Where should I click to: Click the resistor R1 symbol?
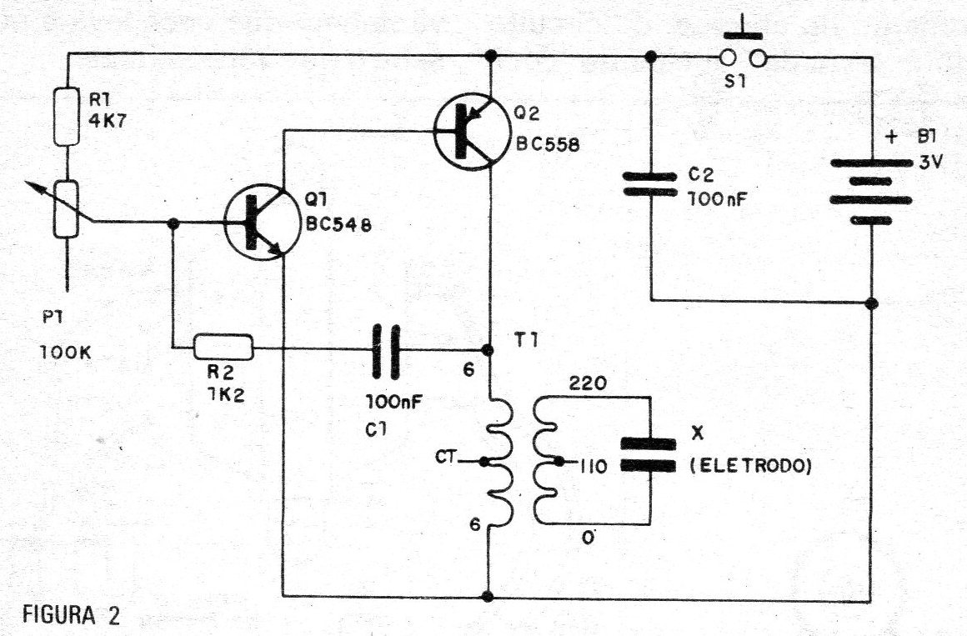[67, 118]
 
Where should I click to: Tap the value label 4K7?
[108, 120]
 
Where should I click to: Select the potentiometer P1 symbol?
[66, 209]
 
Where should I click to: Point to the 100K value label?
[65, 353]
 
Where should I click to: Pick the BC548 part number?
[338, 224]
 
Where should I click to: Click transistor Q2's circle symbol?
[473, 132]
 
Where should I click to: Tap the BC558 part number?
[548, 144]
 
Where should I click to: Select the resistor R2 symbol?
[223, 347]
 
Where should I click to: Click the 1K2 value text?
[226, 395]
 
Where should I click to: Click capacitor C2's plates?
[650, 184]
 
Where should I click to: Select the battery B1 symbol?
[871, 191]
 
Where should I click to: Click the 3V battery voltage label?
[930, 163]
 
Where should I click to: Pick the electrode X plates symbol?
[649, 454]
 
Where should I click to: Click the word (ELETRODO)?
[750, 466]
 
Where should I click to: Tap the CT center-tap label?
[446, 457]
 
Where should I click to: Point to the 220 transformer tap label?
[588, 383]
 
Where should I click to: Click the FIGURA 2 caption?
[72, 615]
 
